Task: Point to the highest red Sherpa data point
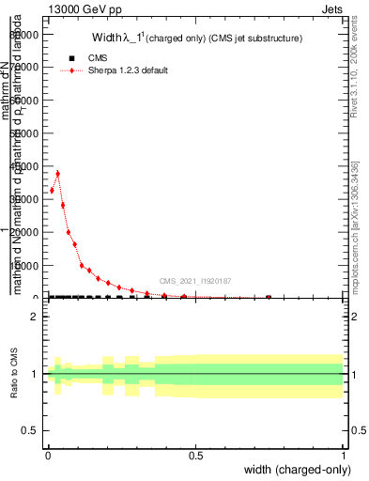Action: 57,173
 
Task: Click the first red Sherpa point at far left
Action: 52,191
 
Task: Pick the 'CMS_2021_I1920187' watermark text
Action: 194,281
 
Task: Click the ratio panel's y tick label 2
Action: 34,317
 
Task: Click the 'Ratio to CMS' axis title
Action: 15,375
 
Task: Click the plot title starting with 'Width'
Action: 196,39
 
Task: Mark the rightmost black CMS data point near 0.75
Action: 269,298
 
